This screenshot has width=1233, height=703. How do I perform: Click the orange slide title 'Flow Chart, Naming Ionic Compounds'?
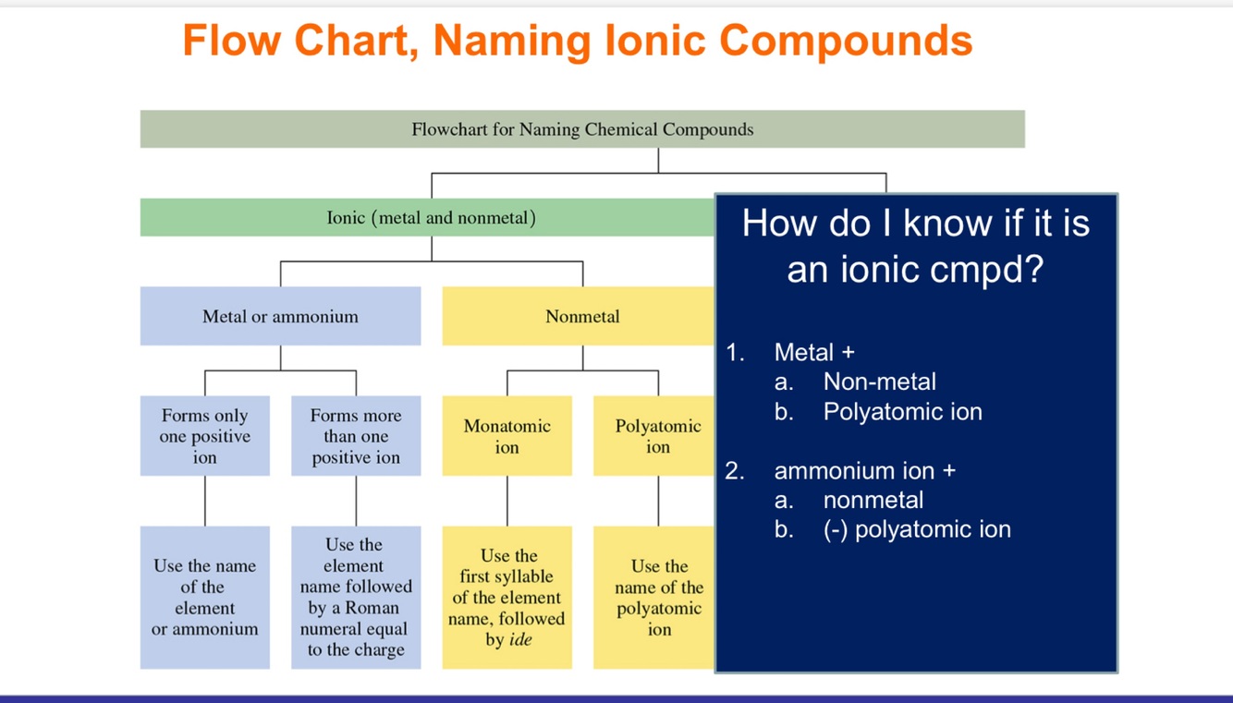click(x=578, y=41)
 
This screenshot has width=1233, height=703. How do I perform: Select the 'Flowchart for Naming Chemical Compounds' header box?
click(x=582, y=129)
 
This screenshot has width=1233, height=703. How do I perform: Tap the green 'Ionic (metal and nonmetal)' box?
click(x=431, y=218)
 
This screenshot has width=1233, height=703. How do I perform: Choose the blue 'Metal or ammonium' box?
click(x=280, y=316)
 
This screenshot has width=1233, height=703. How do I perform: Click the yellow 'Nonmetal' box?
click(x=582, y=316)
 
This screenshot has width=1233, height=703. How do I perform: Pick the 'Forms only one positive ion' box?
click(x=204, y=436)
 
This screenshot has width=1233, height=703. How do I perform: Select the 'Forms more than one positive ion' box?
click(x=356, y=436)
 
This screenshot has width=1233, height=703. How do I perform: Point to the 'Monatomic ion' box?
click(x=507, y=436)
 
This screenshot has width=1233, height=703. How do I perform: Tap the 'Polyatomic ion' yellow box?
click(x=656, y=436)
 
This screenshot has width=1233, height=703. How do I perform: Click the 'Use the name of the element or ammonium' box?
click(x=204, y=597)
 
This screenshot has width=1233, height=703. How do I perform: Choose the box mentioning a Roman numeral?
click(x=356, y=597)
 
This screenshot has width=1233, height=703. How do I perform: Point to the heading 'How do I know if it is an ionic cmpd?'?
click(x=915, y=246)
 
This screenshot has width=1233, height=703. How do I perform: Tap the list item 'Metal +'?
click(x=814, y=352)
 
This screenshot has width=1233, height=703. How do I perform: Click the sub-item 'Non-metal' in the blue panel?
click(x=879, y=382)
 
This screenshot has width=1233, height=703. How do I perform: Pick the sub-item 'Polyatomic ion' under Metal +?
click(x=902, y=411)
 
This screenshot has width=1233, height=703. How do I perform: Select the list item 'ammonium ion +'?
click(x=864, y=470)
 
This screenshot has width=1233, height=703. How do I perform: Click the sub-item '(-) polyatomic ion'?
click(x=917, y=529)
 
